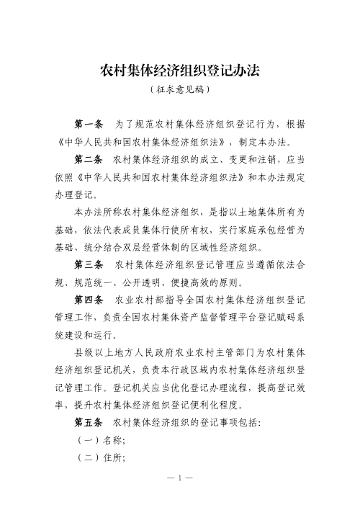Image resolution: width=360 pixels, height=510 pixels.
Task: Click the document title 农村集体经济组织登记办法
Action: pyautogui.click(x=180, y=71)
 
